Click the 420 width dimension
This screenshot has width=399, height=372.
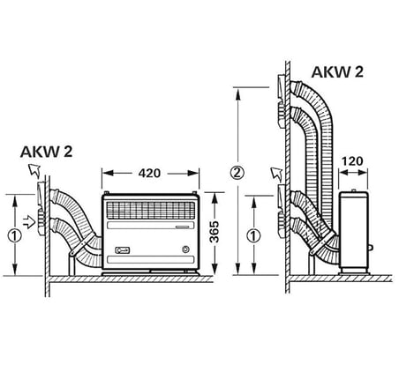point(149,174)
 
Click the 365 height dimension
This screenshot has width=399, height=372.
point(215,232)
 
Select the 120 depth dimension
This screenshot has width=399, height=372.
point(352,161)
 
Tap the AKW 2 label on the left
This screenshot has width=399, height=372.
point(46,152)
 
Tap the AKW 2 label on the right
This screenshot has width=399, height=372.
point(337,72)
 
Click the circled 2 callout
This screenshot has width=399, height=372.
point(237,173)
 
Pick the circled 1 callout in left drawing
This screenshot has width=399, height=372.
point(15,236)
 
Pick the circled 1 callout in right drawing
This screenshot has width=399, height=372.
point(253,236)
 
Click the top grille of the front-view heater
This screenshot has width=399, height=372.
point(151,210)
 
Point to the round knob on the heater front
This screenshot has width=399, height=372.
point(185,249)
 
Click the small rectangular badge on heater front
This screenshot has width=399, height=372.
point(123,250)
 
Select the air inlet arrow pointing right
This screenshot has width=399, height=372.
point(30,221)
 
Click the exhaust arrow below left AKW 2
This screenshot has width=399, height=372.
point(34,171)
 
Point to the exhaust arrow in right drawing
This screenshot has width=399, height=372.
point(276,175)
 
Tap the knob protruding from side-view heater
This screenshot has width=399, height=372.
point(371,248)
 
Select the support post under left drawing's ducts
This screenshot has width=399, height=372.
point(72,265)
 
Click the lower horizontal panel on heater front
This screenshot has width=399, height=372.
point(151,260)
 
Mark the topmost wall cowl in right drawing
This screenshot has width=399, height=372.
point(282,87)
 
